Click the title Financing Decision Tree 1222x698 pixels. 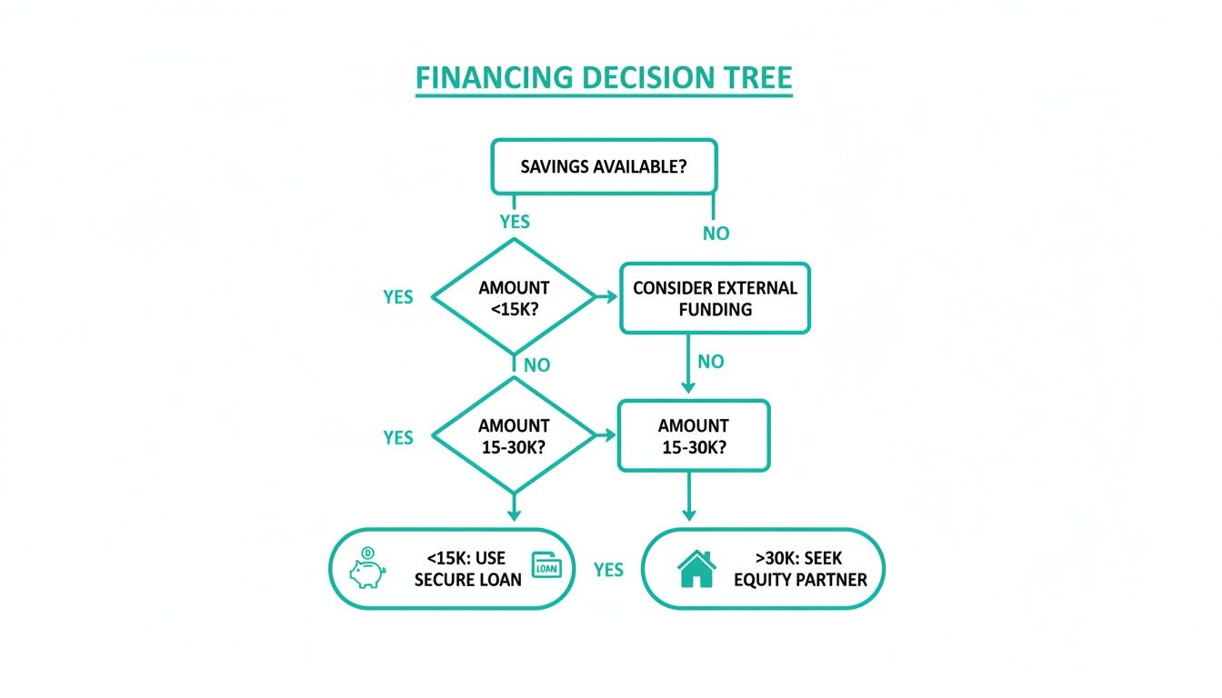pyautogui.click(x=604, y=77)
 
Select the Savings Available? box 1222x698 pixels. pyautogui.click(x=604, y=166)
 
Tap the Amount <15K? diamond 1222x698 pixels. pyautogui.click(x=514, y=297)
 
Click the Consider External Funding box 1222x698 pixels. pyautogui.click(x=716, y=298)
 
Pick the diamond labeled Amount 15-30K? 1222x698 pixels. pyautogui.click(x=514, y=435)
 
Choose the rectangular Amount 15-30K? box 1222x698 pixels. pyautogui.click(x=694, y=435)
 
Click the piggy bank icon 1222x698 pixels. pyautogui.click(x=367, y=568)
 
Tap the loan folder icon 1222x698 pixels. pyautogui.click(x=546, y=565)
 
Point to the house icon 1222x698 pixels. pyautogui.click(x=696, y=569)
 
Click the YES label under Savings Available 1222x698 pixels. pyautogui.click(x=515, y=222)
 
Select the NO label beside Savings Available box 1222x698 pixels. pyautogui.click(x=716, y=234)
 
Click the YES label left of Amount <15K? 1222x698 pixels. pyautogui.click(x=398, y=297)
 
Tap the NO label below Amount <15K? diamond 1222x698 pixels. pyautogui.click(x=536, y=364)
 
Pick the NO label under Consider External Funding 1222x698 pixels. pyautogui.click(x=711, y=362)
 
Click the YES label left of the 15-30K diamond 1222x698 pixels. pyautogui.click(x=398, y=437)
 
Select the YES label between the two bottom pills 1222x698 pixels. pyautogui.click(x=608, y=570)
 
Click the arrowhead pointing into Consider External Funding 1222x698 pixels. pyautogui.click(x=612, y=296)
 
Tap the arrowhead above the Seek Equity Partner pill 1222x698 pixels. pyautogui.click(x=689, y=514)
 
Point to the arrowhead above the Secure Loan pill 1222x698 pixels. pyautogui.click(x=514, y=514)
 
